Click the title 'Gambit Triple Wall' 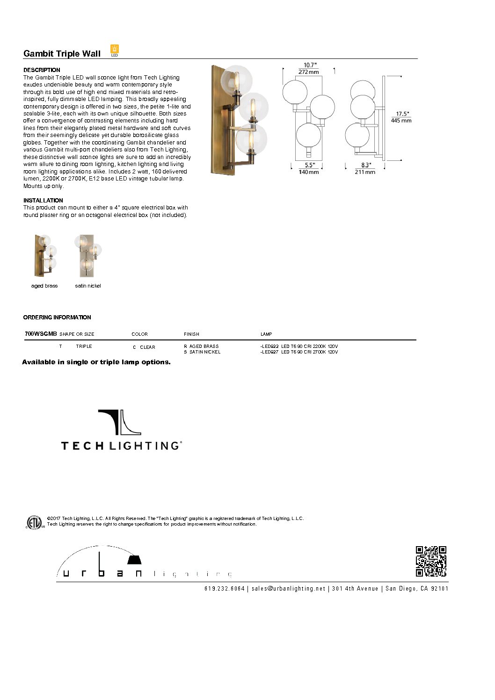(62, 53)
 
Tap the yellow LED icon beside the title (115, 50)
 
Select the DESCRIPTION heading (42, 70)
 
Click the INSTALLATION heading (43, 200)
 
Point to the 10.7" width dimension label (310, 65)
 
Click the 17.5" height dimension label (402, 114)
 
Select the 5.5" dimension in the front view (309, 165)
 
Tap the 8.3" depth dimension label (366, 165)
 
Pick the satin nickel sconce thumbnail (87, 256)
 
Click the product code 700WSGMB (40, 334)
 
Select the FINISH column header (191, 334)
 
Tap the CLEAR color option (147, 347)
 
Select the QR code (431, 561)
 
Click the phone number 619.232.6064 (225, 589)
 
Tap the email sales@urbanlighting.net (288, 589)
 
